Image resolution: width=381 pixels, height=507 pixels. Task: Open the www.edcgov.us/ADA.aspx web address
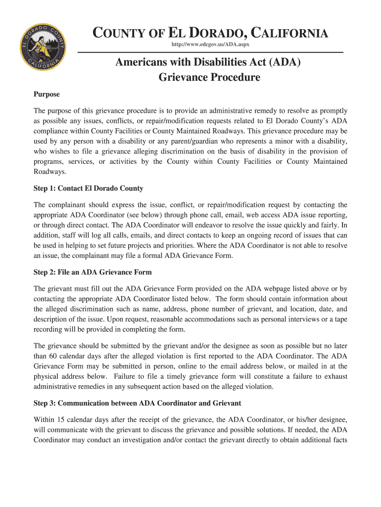210,45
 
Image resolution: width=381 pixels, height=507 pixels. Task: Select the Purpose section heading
47,94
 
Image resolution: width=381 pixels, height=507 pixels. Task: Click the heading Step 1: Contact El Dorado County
88,188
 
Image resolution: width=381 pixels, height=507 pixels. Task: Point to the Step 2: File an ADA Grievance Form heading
93,272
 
